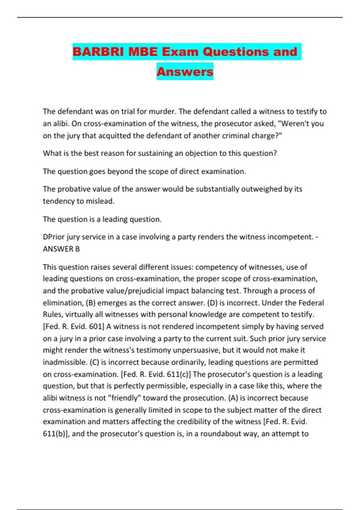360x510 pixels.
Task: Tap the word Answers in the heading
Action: point(185,72)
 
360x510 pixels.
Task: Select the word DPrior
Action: point(54,237)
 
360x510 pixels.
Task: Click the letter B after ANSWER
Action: point(77,249)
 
